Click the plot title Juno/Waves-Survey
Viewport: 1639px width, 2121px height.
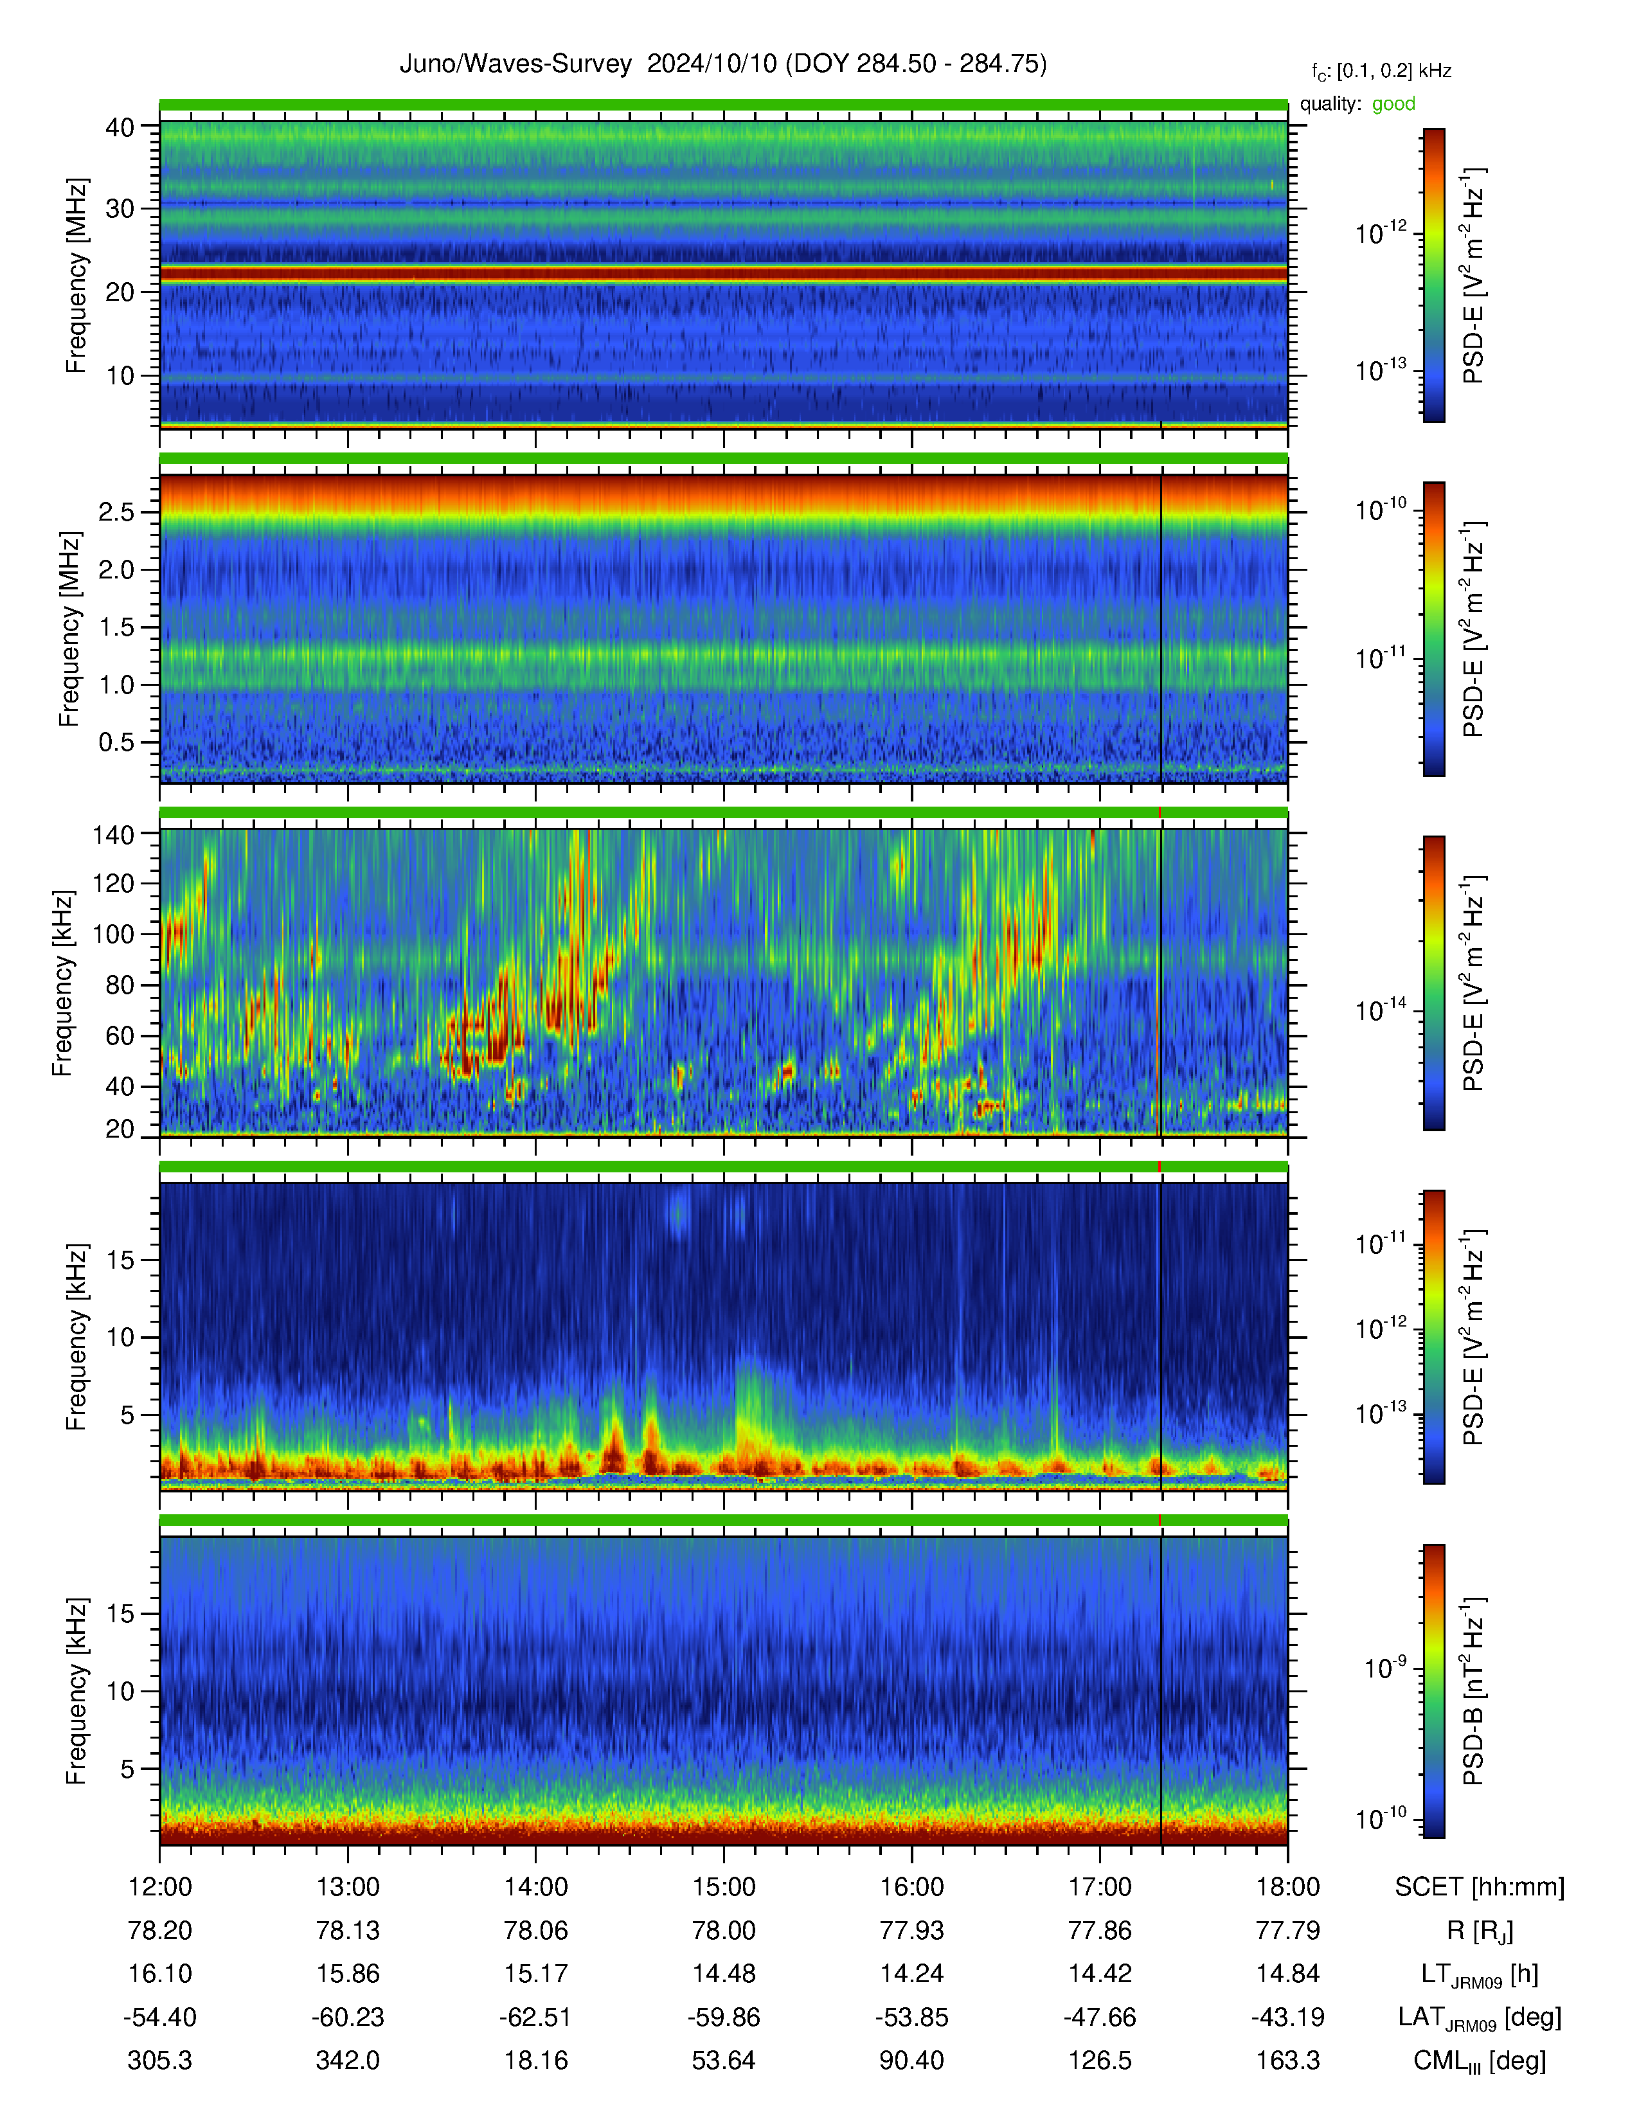pos(515,64)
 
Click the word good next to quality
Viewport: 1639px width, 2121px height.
pos(1393,104)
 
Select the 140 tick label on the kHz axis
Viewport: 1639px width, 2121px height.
pos(112,833)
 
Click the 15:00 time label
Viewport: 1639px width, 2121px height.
pos(723,1887)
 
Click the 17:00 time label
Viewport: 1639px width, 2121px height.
pos(1100,1887)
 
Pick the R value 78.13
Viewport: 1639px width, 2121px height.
pos(348,1931)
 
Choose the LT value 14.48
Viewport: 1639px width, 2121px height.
pos(723,1974)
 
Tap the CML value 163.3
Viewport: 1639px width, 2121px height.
pos(1287,2061)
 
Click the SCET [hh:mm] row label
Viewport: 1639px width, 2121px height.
pos(1480,1887)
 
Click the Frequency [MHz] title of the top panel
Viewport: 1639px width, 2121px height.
pos(76,276)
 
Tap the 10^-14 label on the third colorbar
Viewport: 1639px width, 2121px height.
pos(1381,1010)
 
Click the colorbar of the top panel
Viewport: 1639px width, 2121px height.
pos(1433,276)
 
